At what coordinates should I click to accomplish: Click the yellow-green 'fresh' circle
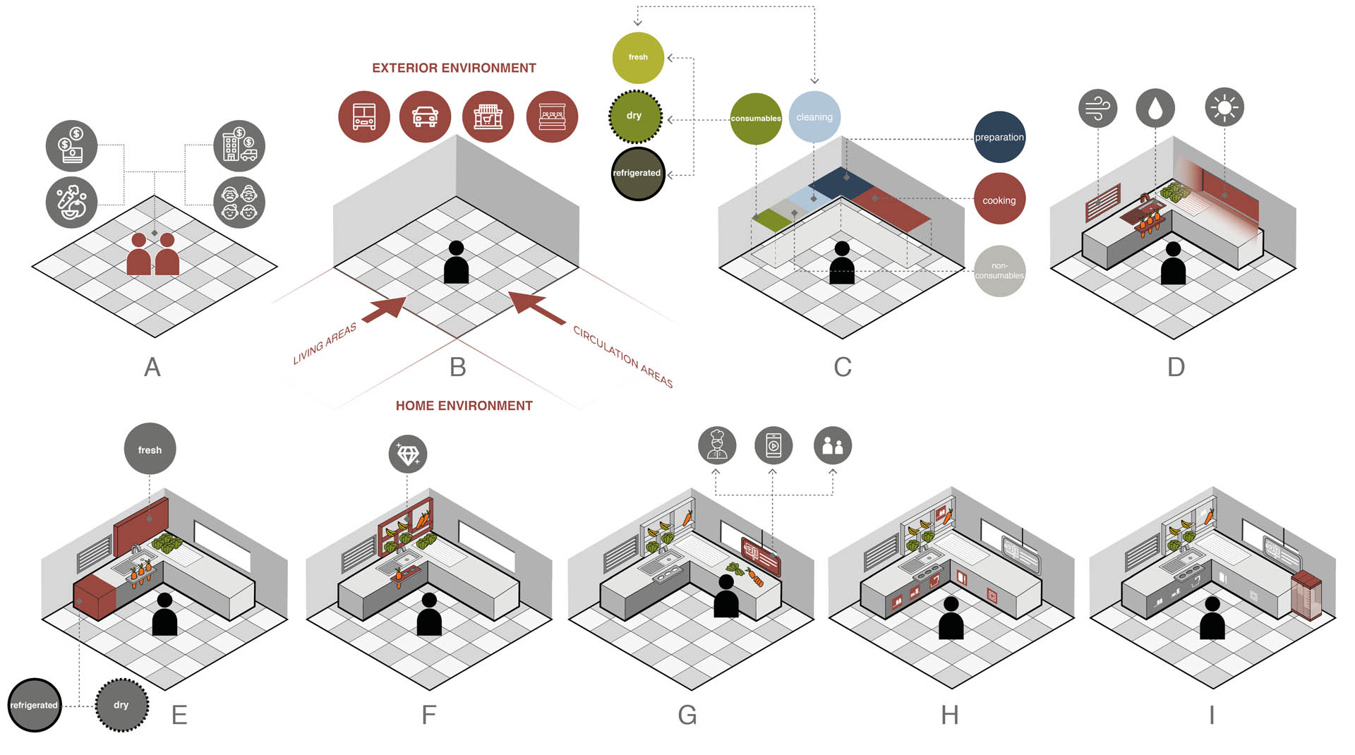point(638,57)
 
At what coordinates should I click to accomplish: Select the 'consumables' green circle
point(756,119)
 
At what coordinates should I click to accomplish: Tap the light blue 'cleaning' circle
point(814,117)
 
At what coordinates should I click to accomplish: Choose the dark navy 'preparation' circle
point(999,137)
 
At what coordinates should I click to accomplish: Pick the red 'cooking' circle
point(999,200)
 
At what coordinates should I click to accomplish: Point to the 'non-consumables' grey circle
point(999,271)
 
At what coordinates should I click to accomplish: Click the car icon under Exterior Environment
point(425,116)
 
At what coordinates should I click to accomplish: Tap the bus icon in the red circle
point(363,116)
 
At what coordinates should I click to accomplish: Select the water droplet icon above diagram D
point(1155,108)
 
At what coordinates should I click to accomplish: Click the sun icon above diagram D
point(1224,107)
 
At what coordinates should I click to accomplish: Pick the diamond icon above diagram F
point(408,454)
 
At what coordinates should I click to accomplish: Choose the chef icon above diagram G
point(717,445)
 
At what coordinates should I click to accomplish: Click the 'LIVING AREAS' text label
point(325,344)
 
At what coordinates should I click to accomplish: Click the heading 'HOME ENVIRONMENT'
point(464,406)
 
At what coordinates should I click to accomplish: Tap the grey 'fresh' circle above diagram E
point(150,449)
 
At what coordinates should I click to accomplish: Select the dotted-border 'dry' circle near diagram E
point(121,705)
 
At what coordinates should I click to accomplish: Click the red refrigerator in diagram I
point(1306,595)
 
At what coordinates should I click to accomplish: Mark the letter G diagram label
point(687,715)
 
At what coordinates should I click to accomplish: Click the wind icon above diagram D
point(1097,108)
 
